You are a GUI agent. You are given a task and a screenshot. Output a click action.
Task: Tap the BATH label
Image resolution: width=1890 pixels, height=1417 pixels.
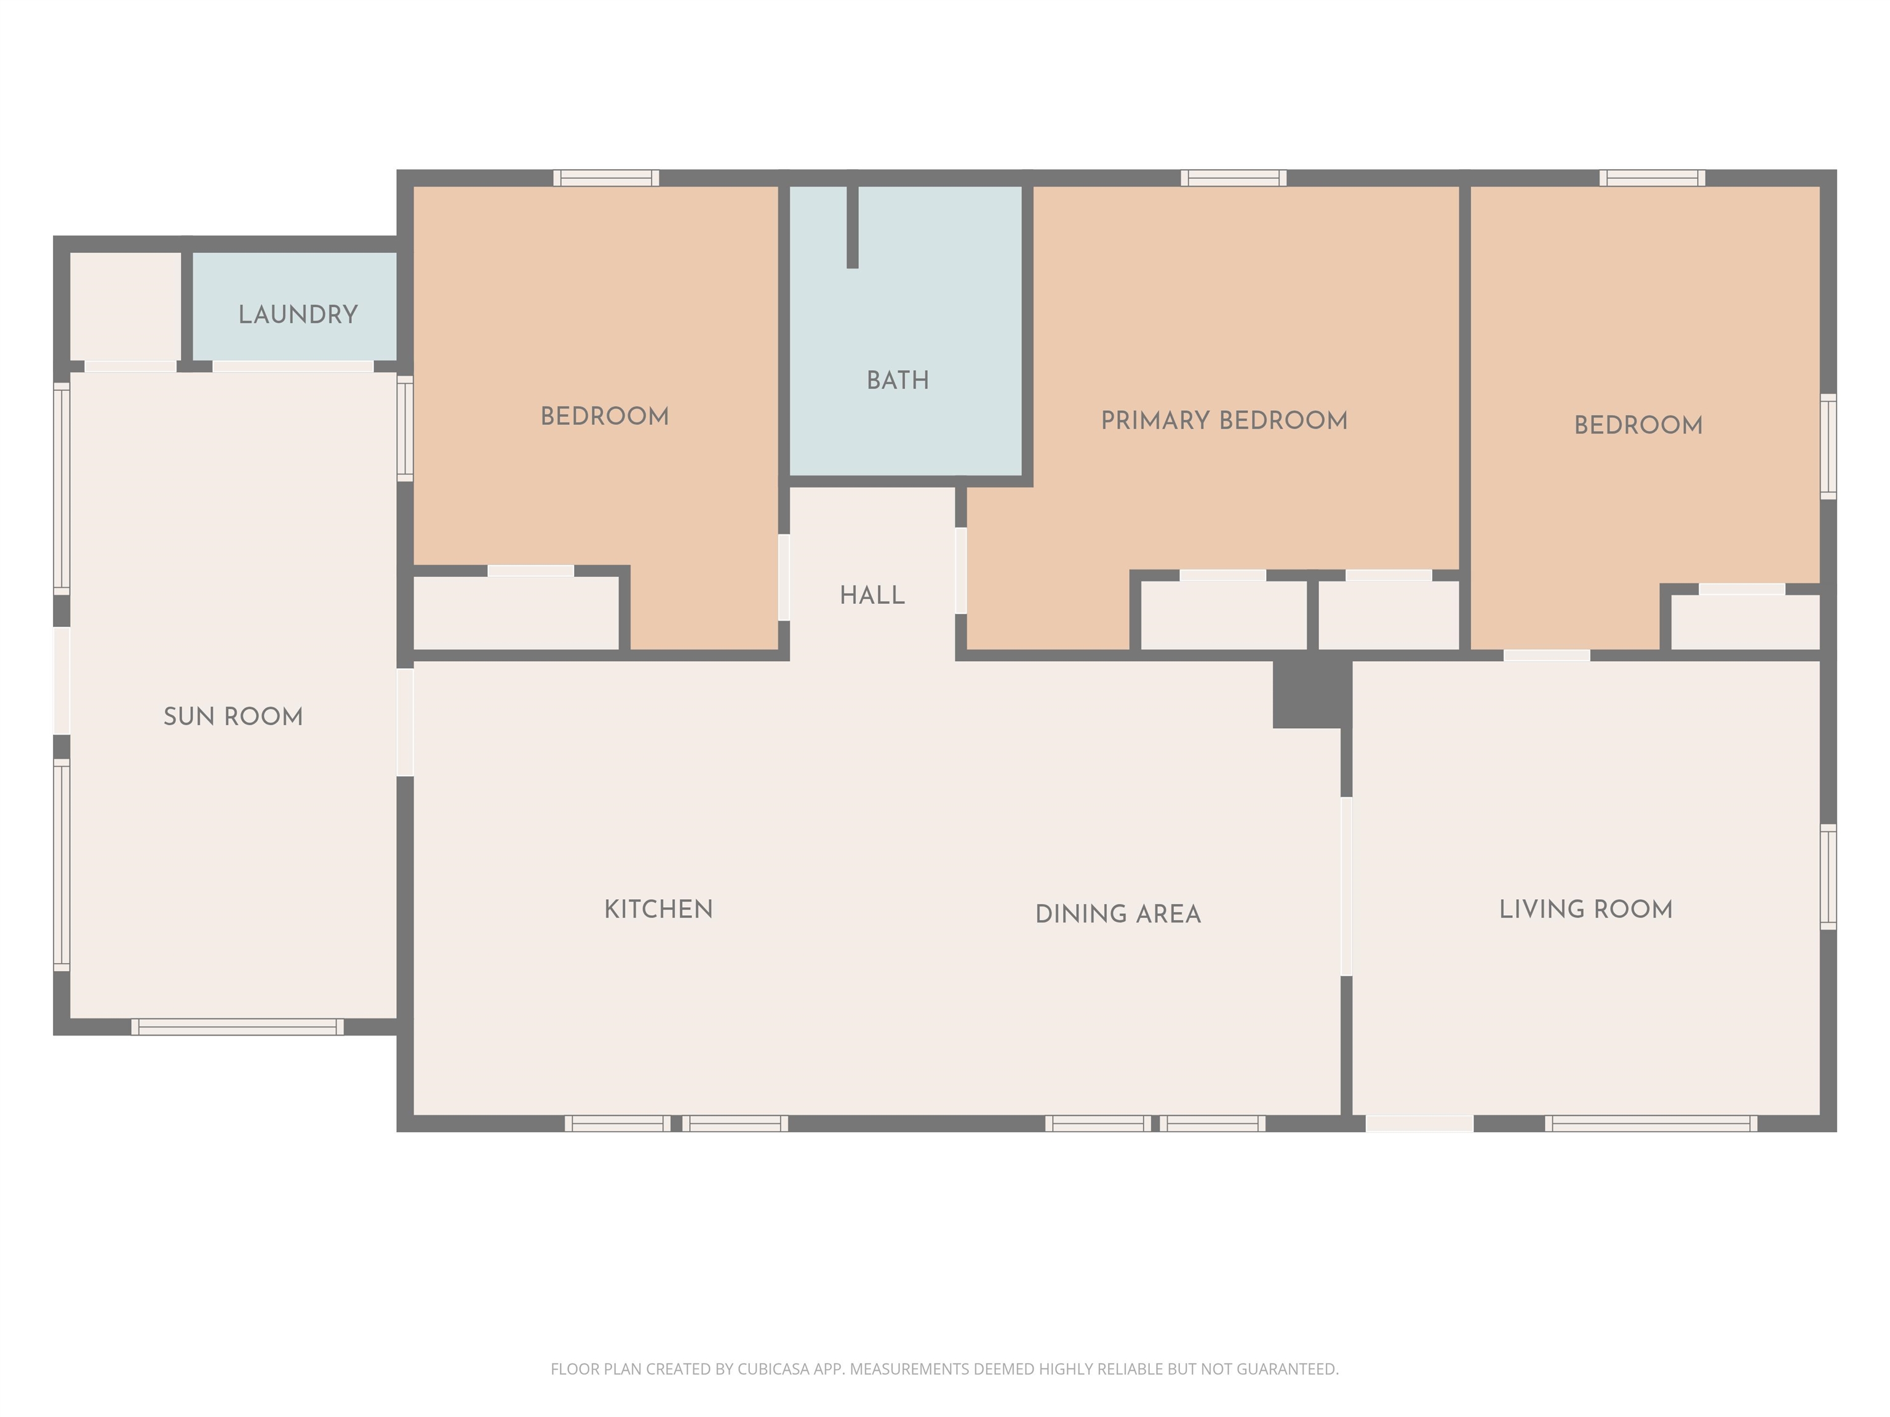898,380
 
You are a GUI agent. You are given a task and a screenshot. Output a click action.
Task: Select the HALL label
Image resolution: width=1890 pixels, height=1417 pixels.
872,595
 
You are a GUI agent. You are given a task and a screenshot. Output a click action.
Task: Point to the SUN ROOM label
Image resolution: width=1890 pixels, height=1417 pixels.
233,716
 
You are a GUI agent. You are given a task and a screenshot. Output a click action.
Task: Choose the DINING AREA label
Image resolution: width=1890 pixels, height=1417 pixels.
1118,914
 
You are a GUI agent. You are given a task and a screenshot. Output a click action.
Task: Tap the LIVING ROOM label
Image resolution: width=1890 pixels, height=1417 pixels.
1586,909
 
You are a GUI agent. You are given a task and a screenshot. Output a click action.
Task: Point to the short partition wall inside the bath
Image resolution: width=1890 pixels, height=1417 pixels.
852,226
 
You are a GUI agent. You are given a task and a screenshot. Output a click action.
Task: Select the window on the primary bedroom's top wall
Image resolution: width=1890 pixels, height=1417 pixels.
1234,178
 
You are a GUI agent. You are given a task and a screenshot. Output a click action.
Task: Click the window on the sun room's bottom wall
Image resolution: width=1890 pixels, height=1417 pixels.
237,1026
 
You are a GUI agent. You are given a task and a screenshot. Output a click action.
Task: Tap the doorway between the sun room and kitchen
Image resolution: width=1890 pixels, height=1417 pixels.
405,722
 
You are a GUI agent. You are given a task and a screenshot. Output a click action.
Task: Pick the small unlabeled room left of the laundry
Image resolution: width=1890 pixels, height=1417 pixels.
125,306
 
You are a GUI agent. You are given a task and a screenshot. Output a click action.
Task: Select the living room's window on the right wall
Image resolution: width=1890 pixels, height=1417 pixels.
1828,876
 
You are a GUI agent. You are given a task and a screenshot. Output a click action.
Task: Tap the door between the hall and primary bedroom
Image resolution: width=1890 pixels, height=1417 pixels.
960,571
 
